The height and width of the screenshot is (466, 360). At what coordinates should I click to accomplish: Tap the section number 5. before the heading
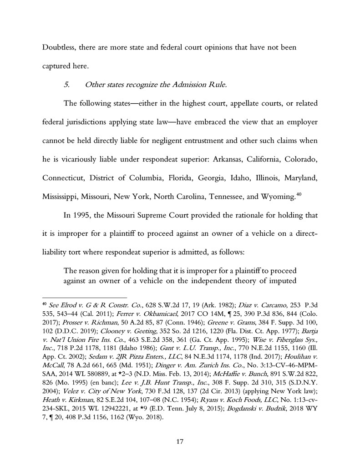click(67, 85)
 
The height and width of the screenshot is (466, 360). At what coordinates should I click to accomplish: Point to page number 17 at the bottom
click(180, 441)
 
